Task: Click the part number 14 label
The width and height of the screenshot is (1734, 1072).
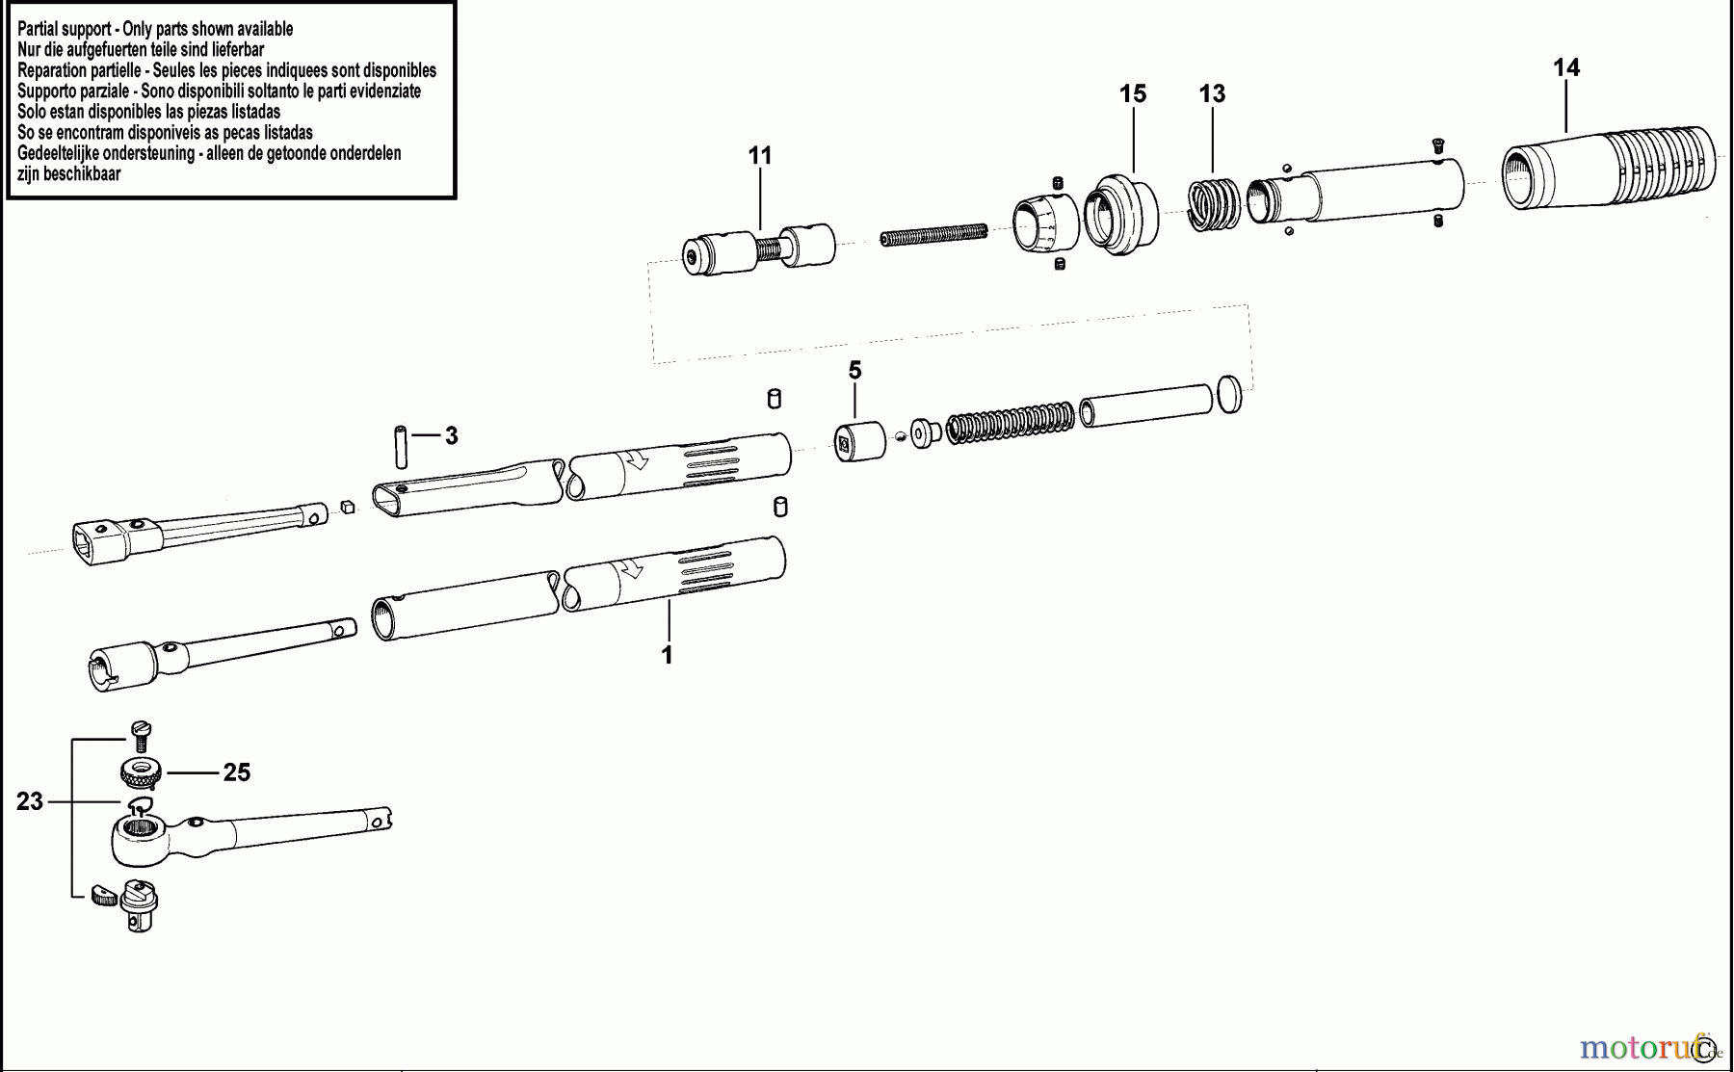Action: (1566, 67)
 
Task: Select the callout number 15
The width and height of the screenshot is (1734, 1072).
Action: (1133, 93)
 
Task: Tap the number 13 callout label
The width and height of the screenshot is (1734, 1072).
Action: (1212, 93)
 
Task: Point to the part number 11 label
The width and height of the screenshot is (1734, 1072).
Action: (760, 155)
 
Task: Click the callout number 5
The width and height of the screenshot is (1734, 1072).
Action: (854, 371)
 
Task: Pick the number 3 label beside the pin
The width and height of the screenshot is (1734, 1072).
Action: (451, 436)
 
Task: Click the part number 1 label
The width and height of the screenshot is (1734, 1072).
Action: (667, 655)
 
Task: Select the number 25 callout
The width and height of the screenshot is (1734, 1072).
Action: (237, 772)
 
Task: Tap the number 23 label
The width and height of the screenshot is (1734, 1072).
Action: (30, 801)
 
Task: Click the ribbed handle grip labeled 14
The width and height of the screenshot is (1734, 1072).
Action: (1609, 166)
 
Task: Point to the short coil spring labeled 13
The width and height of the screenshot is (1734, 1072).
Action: (1213, 205)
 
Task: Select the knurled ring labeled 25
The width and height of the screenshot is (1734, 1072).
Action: (141, 772)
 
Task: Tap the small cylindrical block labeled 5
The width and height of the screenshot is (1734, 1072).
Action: (859, 441)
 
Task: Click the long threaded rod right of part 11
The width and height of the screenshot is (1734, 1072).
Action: (933, 235)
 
